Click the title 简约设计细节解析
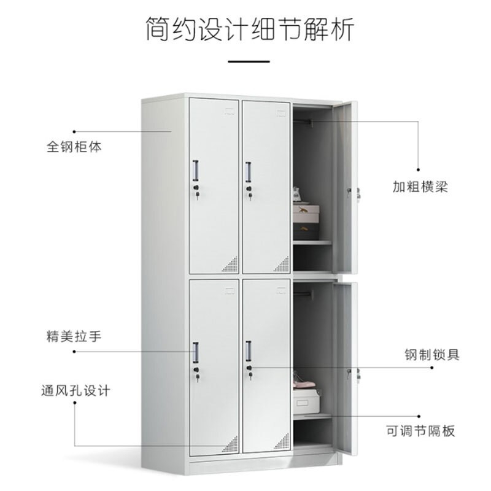point(250,29)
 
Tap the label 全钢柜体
point(74,147)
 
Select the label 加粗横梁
point(420,187)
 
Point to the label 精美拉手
point(74,336)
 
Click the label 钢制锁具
point(432,355)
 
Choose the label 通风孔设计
point(75,391)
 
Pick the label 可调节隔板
point(420,431)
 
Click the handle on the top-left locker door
point(195,171)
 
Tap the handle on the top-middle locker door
point(248,172)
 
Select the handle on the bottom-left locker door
point(195,352)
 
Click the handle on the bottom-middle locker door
point(249,351)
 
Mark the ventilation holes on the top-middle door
point(283,265)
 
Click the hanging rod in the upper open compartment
point(303,122)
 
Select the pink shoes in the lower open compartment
point(304,382)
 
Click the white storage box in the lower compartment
point(306,402)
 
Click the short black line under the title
point(249,61)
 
